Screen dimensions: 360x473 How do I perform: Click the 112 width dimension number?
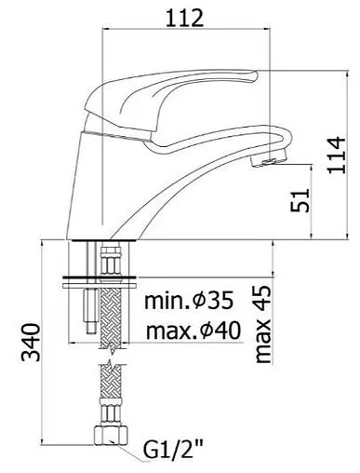[x=185, y=18]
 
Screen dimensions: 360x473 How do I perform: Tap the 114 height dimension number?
[x=336, y=155]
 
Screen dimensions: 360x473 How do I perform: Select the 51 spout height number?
[x=300, y=200]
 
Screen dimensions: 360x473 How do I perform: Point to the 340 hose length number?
[x=31, y=343]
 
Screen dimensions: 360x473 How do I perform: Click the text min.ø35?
[x=189, y=301]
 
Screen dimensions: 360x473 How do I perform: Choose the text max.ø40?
[x=193, y=331]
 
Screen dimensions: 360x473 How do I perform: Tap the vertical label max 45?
[x=263, y=324]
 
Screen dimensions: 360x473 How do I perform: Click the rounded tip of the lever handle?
[x=254, y=75]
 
